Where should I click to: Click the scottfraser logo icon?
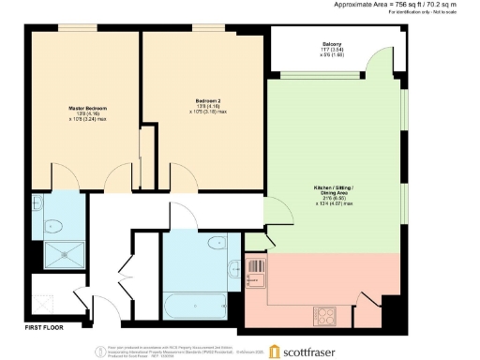pyautogui.click(x=275, y=351)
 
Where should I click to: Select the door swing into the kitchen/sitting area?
pyautogui.click(x=274, y=214)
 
